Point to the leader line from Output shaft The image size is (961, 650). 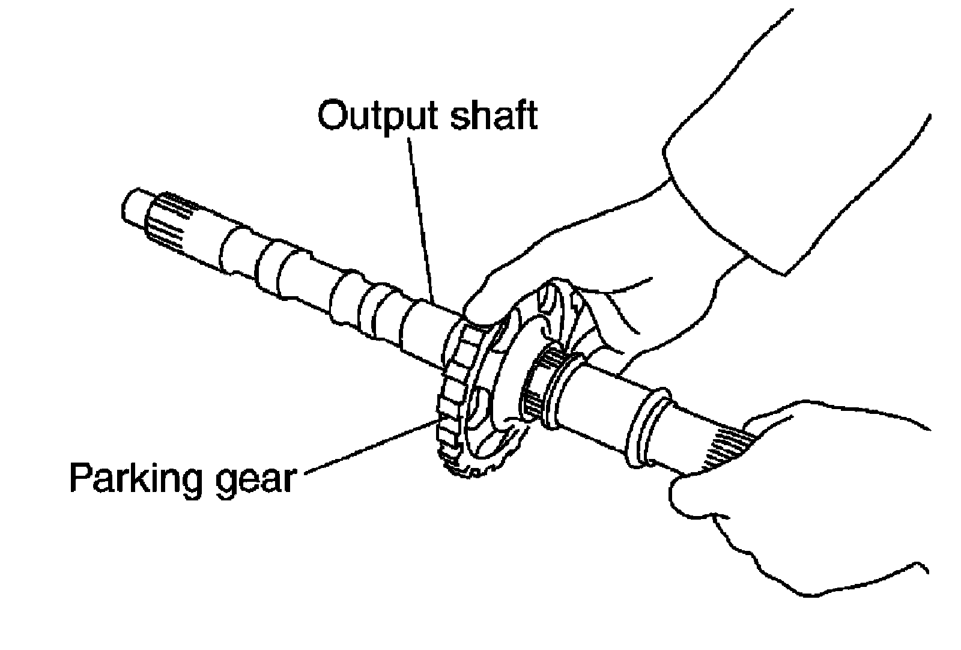[420, 216]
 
